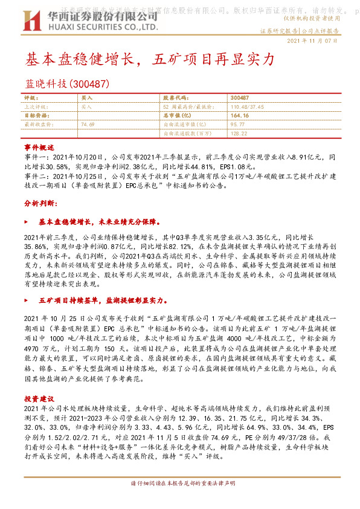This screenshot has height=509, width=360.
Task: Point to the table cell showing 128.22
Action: (x=239, y=132)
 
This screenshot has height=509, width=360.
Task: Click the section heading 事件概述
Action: (x=39, y=147)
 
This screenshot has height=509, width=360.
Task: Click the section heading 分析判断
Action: (x=39, y=204)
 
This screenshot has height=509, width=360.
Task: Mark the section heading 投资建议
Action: (x=39, y=398)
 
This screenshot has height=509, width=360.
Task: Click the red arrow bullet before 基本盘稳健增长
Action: (x=27, y=222)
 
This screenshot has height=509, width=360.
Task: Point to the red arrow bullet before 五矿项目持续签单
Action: (x=27, y=299)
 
